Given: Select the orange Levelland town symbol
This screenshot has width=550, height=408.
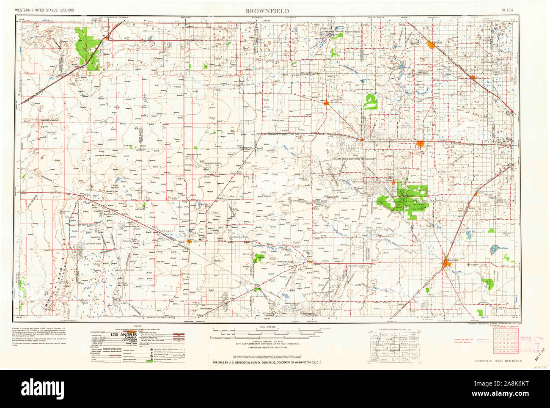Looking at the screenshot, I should point(421,144).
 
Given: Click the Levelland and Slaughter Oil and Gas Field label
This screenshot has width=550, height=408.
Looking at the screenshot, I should point(352,158).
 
